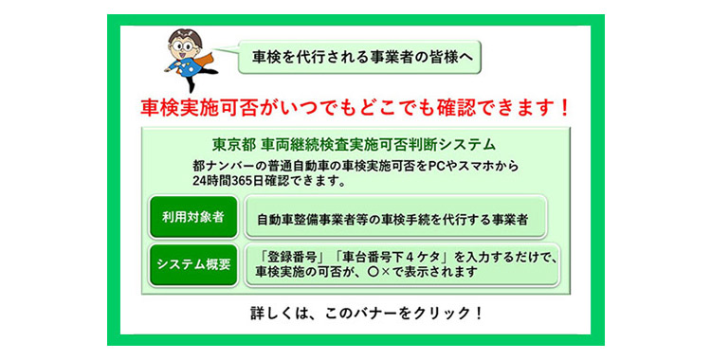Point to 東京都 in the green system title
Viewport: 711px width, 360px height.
pyautogui.click(x=230, y=145)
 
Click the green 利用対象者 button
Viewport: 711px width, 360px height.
pyautogui.click(x=192, y=217)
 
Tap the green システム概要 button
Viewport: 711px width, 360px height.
pyautogui.click(x=192, y=264)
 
